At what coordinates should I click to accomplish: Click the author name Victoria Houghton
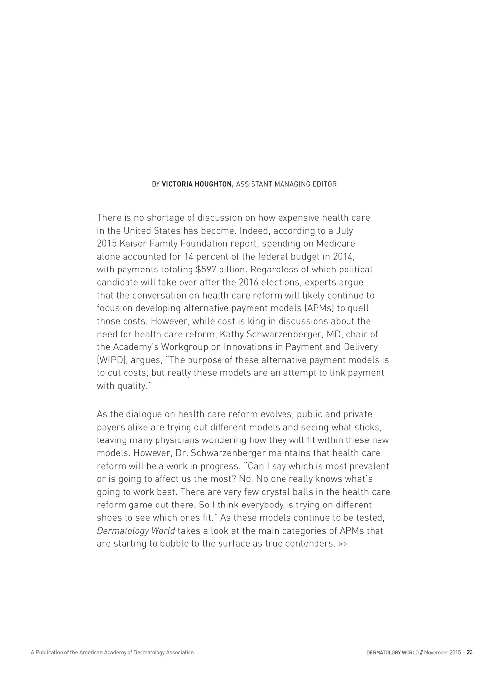(198, 184)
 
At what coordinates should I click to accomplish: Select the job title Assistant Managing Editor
(286, 184)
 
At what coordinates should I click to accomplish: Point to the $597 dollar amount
(205, 270)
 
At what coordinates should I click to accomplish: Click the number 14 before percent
(189, 257)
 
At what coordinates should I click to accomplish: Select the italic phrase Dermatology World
(136, 531)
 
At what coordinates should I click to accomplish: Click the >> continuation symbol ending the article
(343, 544)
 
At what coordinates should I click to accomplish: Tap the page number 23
(470, 652)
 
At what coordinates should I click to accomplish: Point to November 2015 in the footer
(442, 652)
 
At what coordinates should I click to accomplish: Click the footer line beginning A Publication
(112, 652)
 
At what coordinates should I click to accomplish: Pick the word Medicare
(335, 244)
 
